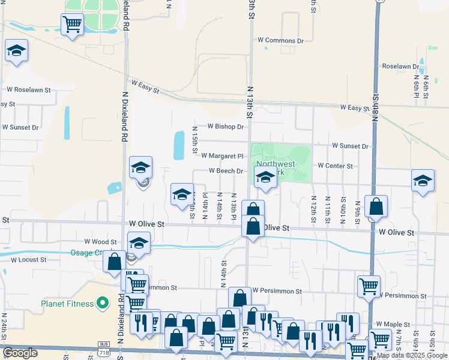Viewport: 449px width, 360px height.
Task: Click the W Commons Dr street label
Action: pyautogui.click(x=280, y=40)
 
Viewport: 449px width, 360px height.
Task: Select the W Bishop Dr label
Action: pyautogui.click(x=226, y=127)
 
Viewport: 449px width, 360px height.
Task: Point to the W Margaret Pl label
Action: pyautogui.click(x=222, y=156)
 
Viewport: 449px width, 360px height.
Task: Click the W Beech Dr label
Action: pyautogui.click(x=226, y=171)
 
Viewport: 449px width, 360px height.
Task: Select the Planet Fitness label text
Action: pyautogui.click(x=67, y=304)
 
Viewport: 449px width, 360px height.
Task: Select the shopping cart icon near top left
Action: pyautogui.click(x=72, y=25)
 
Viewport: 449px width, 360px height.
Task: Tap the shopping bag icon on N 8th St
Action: pyautogui.click(x=376, y=207)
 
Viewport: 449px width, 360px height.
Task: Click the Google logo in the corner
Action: pyautogui.click(x=20, y=353)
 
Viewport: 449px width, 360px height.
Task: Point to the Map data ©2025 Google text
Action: pyautogui.click(x=412, y=355)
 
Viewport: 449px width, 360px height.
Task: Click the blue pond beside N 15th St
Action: pyautogui.click(x=179, y=145)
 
